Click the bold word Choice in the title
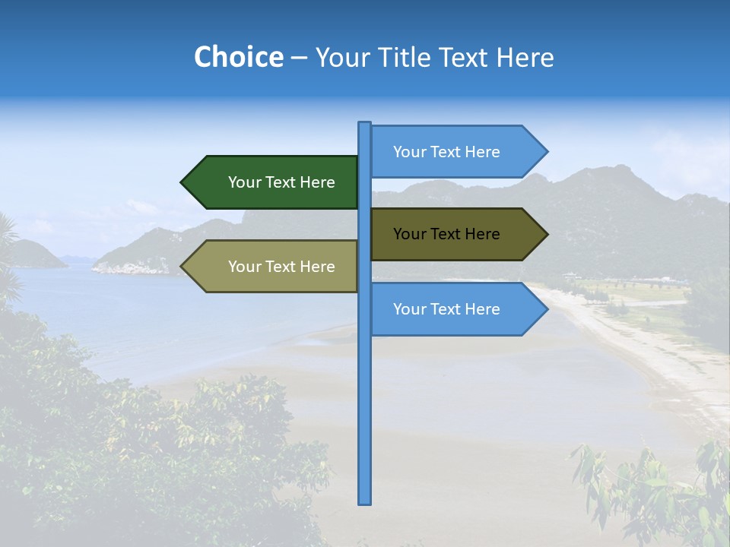tap(238, 57)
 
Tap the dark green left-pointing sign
tap(274, 182)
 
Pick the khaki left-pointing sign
tap(274, 267)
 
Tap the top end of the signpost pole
tap(365, 124)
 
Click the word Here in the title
tap(525, 57)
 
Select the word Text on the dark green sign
tap(281, 182)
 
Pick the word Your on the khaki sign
tap(244, 267)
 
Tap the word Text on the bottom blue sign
tap(446, 309)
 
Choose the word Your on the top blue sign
tap(409, 152)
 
